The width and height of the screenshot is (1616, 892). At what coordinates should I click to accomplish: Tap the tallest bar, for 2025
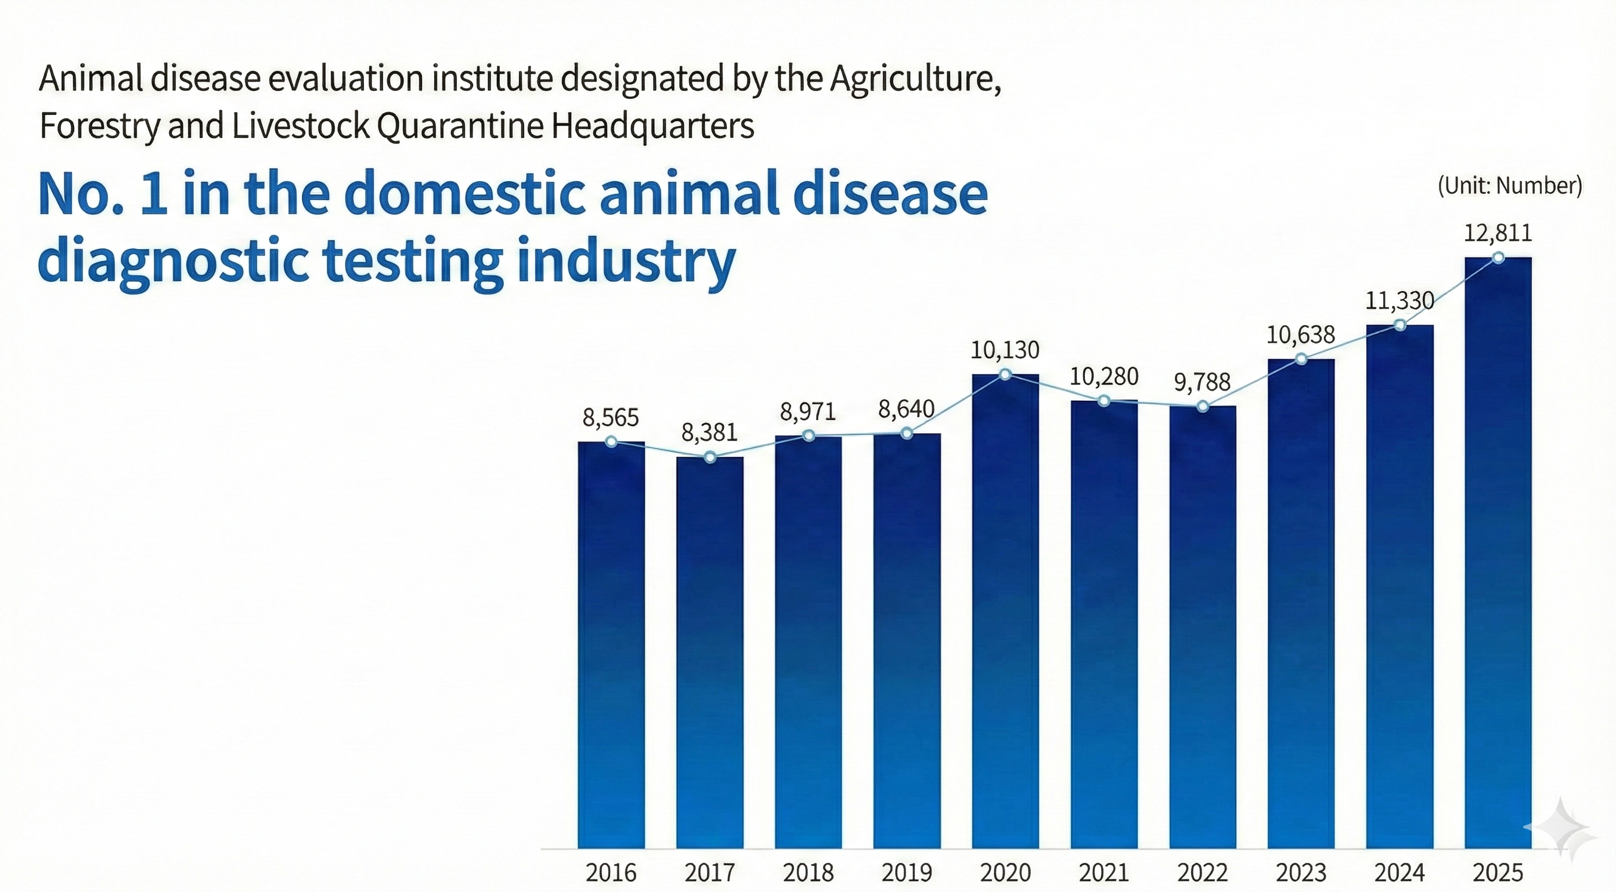[x=1498, y=552]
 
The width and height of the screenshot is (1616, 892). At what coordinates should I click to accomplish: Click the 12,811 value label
[x=1498, y=233]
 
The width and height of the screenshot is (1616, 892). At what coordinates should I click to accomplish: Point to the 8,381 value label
[x=709, y=433]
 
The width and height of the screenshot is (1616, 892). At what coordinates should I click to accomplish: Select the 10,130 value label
[x=1005, y=350]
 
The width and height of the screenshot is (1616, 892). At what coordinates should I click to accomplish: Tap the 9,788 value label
[x=1202, y=382]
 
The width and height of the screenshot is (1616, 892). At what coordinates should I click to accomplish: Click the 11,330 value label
[x=1400, y=301]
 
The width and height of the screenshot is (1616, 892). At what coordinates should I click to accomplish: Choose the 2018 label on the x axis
[x=808, y=872]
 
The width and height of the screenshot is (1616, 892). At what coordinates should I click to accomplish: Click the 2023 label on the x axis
[x=1301, y=872]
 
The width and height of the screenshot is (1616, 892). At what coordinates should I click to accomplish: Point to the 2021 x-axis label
[x=1103, y=872]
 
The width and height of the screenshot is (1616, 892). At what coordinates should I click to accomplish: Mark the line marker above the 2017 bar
[x=709, y=457]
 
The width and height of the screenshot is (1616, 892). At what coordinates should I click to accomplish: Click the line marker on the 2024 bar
[x=1399, y=325]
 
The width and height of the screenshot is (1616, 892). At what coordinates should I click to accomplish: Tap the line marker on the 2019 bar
[x=907, y=433]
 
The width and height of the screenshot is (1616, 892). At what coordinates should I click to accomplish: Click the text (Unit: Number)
[x=1509, y=186]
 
